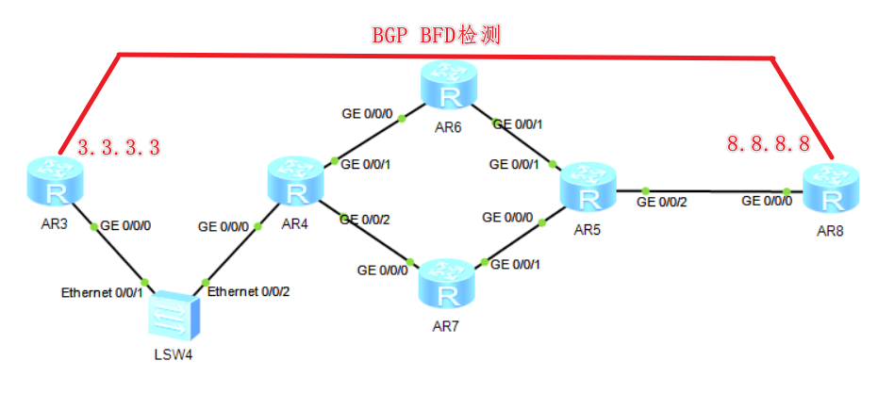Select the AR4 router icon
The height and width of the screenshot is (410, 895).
pos(296,182)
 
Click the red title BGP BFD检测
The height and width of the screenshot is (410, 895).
pos(435,36)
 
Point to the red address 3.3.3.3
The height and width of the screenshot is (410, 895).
pos(119,147)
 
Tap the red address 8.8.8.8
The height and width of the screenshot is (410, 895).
pos(768,143)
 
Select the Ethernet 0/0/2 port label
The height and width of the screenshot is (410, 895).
pos(249,291)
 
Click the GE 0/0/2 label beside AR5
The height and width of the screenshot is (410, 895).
pos(664,201)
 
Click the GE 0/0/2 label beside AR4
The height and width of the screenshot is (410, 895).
pos(366,219)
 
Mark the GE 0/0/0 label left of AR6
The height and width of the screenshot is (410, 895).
pos(368,113)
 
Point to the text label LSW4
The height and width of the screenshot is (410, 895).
pos(175,355)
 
